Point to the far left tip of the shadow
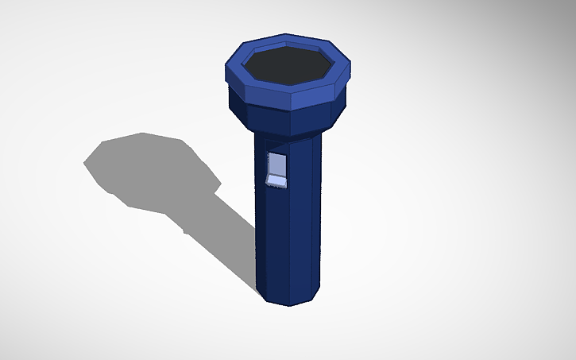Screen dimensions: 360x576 84,163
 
